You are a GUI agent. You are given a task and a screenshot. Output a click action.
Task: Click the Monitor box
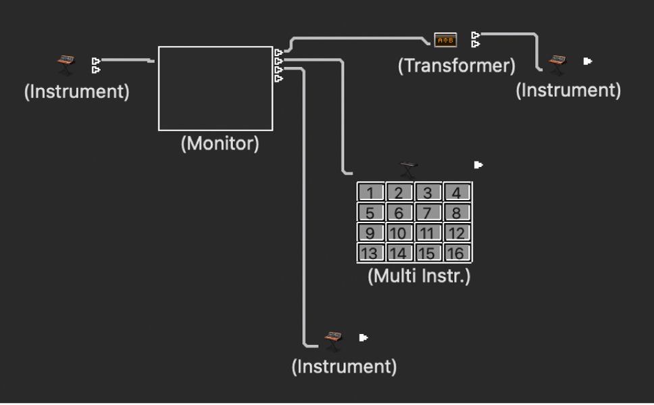[216, 88]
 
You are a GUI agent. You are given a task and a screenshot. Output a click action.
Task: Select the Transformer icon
[445, 41]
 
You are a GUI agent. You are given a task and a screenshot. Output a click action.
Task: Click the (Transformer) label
[456, 66]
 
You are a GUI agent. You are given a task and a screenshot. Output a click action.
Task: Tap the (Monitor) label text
[220, 144]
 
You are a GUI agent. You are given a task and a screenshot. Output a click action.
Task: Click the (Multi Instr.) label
[419, 276]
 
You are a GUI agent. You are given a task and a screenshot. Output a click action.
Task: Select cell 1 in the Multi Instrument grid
[370, 193]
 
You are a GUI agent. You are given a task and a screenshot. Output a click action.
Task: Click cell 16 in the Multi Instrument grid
[457, 254]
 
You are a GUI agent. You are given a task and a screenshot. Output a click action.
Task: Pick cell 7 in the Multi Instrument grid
[428, 213]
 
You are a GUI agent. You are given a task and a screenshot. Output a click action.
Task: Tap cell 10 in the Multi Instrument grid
[399, 233]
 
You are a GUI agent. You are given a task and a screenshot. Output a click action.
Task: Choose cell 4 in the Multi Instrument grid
[457, 193]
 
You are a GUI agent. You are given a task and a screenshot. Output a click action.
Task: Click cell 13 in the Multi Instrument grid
[370, 254]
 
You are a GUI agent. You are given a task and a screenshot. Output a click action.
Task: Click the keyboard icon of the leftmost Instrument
[66, 64]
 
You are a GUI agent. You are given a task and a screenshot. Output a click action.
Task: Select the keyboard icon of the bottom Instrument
[333, 339]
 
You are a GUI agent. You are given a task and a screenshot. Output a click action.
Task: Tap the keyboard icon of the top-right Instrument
[557, 62]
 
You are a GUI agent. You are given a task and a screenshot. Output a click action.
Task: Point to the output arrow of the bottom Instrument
[363, 337]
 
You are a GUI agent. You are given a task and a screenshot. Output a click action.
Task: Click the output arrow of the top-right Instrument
[587, 61]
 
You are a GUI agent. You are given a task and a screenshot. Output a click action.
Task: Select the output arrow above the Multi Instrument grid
[478, 164]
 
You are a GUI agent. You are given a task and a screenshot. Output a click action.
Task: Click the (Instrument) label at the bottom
[344, 366]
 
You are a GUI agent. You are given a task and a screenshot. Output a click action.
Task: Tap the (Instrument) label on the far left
[76, 91]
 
